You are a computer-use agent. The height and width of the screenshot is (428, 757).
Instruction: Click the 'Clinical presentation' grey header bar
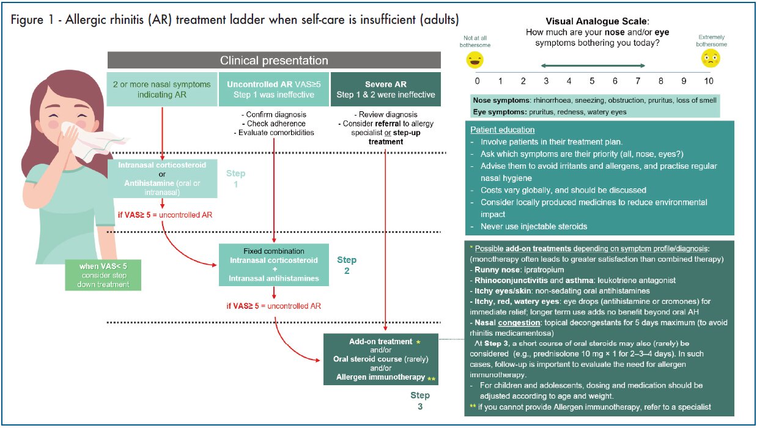pyautogui.click(x=274, y=61)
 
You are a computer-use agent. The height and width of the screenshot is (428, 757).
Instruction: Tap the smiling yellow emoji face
pyautogui.click(x=475, y=59)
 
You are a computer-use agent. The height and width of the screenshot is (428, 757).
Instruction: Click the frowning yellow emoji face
pyautogui.click(x=711, y=59)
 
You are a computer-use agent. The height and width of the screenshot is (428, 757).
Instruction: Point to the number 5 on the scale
pyautogui.click(x=592, y=81)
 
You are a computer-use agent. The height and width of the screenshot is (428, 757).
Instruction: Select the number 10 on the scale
pyautogui.click(x=708, y=81)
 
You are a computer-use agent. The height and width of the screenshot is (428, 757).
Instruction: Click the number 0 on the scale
pyautogui.click(x=477, y=81)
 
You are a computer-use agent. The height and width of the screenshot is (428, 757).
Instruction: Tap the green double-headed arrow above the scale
pyautogui.click(x=592, y=66)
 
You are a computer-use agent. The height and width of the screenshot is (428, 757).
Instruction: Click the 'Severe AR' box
pyautogui.click(x=385, y=89)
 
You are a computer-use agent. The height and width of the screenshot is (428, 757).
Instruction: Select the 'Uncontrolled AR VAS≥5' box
pyautogui.click(x=274, y=89)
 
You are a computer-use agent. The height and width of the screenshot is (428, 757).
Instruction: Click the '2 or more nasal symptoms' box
pyautogui.click(x=161, y=89)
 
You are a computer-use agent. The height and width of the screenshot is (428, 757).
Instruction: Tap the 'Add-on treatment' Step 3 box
pyautogui.click(x=380, y=359)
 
